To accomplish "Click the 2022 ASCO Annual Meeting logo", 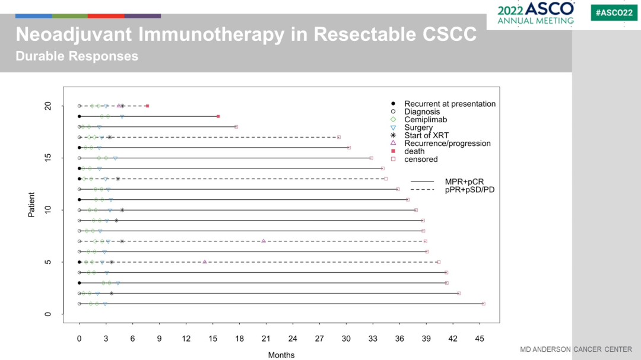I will click(x=535, y=14).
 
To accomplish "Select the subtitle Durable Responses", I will click(x=77, y=56).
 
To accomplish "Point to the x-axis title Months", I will click(x=281, y=355).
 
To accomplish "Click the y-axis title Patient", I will click(x=31, y=205).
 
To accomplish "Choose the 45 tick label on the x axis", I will click(x=480, y=339).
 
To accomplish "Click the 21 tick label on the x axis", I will click(x=266, y=339).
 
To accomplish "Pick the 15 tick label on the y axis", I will click(x=48, y=158).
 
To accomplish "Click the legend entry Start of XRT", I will click(x=426, y=135).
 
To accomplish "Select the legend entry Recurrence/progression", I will click(x=447, y=144).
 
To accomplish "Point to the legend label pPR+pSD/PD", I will click(x=469, y=189).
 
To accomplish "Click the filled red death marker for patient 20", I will click(x=147, y=106).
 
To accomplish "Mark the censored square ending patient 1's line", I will click(x=483, y=304).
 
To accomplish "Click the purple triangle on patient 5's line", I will click(x=205, y=262).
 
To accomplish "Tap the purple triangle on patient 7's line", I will click(x=264, y=241).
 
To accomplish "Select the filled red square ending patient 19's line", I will click(x=218, y=116).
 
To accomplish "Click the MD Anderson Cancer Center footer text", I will click(x=576, y=349).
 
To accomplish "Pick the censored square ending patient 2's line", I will click(x=459, y=293).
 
